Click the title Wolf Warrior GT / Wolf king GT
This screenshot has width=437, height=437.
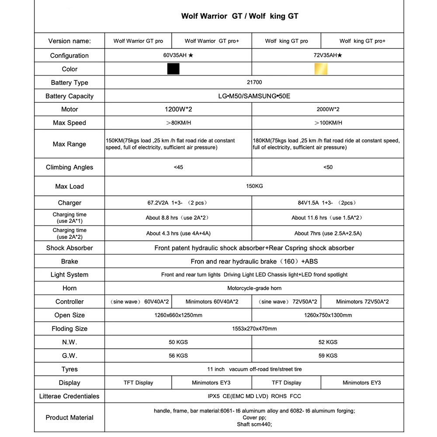[x=240, y=16]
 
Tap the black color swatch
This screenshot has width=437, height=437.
[x=173, y=69]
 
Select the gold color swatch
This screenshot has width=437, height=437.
[x=321, y=69]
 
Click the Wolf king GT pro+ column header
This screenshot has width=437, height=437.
[x=362, y=41]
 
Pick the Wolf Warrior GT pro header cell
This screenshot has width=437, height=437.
[x=138, y=41]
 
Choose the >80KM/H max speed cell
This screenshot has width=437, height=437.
[x=178, y=123]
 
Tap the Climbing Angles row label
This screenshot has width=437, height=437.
[x=69, y=167]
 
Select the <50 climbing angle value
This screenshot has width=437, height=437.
[x=328, y=167]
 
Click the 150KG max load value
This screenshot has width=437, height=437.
[x=254, y=186]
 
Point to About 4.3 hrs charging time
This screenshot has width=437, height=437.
[x=181, y=233]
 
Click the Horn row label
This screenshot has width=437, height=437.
[x=69, y=288]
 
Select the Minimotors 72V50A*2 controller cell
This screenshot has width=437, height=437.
[x=362, y=302]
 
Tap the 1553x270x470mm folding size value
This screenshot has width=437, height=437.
[x=254, y=329]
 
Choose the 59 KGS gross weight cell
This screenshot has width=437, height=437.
[x=328, y=356]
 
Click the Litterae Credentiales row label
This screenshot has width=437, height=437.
[x=69, y=396]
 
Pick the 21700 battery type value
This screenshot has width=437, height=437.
[x=254, y=82]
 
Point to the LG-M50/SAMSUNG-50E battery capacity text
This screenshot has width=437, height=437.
[x=254, y=96]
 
